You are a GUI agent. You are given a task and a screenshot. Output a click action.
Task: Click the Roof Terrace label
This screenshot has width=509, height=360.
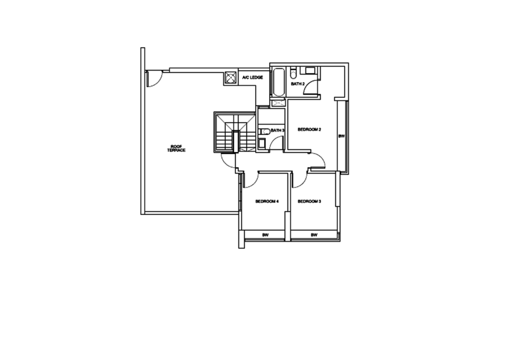176,148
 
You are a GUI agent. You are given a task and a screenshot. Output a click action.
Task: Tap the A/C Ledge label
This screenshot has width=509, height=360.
253,78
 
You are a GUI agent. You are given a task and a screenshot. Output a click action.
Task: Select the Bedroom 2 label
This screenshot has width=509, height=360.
309,130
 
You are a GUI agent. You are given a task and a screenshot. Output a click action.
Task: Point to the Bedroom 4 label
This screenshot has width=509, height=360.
267,202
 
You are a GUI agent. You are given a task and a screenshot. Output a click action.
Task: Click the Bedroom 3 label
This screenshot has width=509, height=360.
309,202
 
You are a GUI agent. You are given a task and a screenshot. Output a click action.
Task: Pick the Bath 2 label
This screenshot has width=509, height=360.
297,83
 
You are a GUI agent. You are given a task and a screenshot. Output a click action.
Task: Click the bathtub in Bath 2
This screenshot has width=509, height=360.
279,81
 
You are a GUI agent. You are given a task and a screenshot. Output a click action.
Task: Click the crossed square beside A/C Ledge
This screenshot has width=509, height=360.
230,78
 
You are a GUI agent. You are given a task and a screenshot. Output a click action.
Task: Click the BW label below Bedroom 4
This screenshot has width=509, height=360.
267,235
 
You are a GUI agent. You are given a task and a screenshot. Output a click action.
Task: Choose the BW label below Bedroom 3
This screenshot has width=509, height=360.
314,235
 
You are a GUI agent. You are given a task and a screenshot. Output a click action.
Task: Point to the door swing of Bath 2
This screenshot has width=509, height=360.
311,85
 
